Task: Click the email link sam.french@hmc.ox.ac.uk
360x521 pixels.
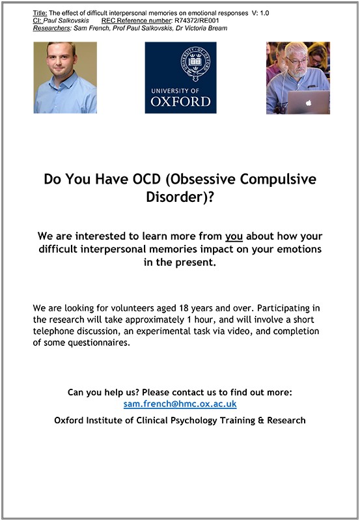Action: tap(180, 404)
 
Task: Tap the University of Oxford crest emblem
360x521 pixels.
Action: tap(195, 63)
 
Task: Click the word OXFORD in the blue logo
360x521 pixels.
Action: tap(181, 102)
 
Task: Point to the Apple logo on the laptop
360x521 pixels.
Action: tap(309, 103)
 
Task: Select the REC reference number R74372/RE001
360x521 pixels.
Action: tap(197, 21)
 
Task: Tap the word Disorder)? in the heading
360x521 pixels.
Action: tap(180, 197)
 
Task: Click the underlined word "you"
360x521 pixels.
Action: tap(234, 236)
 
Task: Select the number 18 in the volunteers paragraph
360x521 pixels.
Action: tap(184, 308)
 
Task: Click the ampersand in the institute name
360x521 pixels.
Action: tap(260, 420)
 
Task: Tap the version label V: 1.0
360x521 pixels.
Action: tap(260, 13)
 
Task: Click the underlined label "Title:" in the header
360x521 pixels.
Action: tap(40, 13)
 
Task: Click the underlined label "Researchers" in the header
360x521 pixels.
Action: tap(51, 28)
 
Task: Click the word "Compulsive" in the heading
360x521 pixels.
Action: tap(278, 180)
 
